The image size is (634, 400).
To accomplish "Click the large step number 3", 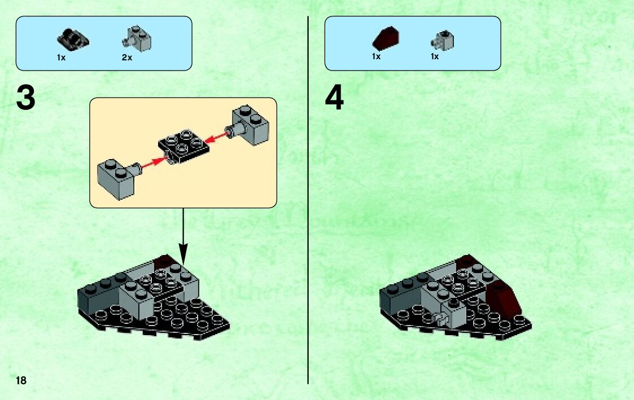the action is tap(26, 98).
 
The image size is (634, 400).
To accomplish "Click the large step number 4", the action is tap(334, 98).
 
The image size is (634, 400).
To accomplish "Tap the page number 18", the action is tap(21, 380).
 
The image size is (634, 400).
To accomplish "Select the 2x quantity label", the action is tap(127, 58).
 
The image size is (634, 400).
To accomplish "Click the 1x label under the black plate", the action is tap(61, 58).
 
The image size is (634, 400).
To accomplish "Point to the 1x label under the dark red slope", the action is tap(376, 56).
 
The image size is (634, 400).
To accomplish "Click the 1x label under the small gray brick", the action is tap(435, 56).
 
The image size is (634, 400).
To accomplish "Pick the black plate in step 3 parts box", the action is tap(73, 40).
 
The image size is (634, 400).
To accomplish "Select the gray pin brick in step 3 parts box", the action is tap(137, 39).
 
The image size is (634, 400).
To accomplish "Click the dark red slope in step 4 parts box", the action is tap(386, 38).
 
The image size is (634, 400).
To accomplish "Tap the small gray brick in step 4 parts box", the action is tap(443, 41).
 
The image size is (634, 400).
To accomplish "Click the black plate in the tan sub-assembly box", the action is tap(184, 146).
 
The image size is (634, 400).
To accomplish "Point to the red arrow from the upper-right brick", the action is tap(216, 137).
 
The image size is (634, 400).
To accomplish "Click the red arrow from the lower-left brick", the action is tap(154, 163).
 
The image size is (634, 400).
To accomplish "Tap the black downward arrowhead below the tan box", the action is tap(183, 254).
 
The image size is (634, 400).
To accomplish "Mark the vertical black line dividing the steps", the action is tap(308, 200).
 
